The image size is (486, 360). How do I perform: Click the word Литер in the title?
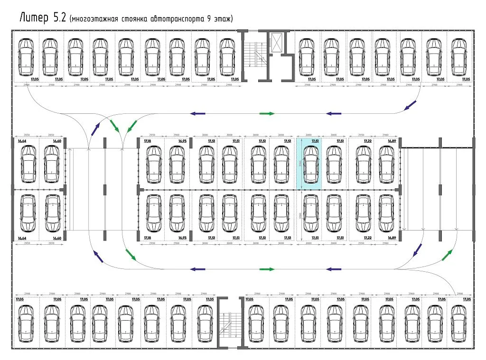click(34, 18)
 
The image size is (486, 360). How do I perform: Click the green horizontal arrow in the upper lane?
click(267, 114)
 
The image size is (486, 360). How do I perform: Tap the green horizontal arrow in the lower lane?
click(267, 269)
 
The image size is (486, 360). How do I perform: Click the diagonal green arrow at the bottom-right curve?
click(447, 255)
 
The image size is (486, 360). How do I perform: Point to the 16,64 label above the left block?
click(22, 141)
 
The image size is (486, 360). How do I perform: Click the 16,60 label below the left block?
click(57, 238)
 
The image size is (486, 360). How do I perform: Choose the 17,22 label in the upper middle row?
click(368, 141)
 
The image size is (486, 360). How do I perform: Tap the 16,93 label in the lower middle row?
click(183, 238)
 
